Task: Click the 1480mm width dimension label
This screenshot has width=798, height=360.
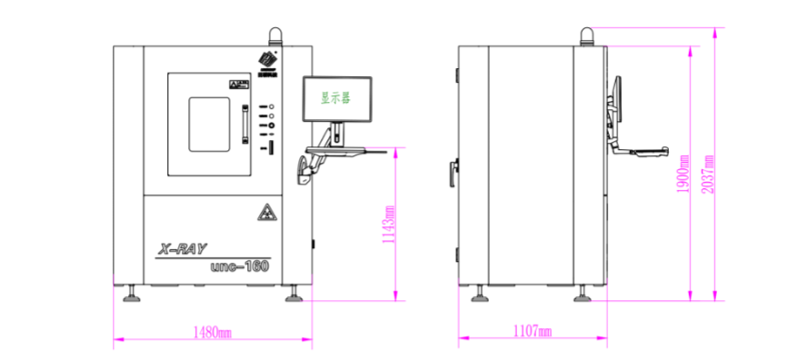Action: tap(214, 332)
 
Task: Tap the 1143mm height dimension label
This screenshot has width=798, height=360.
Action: tap(389, 225)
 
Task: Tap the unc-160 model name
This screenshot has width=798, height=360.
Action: tap(240, 266)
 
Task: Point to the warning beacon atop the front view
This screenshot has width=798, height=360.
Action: tap(274, 36)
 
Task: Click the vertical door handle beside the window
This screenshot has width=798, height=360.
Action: tap(244, 125)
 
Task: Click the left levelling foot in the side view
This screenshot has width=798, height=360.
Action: tap(478, 293)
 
